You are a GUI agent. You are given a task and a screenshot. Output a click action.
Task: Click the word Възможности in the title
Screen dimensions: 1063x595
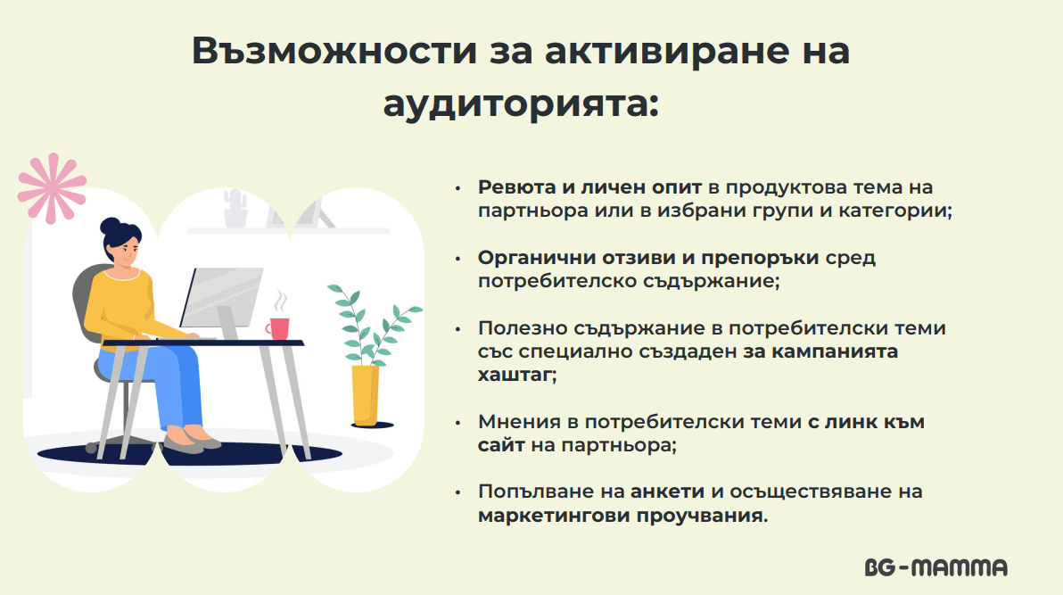pos(335,51)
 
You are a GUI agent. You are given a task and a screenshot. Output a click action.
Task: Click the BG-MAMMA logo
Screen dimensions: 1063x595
pos(936,567)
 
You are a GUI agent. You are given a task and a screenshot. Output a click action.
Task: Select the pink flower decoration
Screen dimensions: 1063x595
pos(52,188)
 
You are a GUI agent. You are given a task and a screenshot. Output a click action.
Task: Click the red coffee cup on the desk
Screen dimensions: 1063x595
pos(278,328)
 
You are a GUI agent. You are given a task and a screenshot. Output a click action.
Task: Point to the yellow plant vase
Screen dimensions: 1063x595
pos(366,395)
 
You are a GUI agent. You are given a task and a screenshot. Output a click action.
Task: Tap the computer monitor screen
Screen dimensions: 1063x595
pos(221,297)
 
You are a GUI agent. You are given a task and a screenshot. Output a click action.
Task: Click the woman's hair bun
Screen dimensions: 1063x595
pos(110,226)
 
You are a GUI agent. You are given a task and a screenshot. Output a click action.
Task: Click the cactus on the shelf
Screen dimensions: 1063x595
pos(235,208)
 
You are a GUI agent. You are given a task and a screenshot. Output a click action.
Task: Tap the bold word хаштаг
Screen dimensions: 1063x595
pos(516,376)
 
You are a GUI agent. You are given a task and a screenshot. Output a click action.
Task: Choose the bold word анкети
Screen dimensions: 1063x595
pos(667,492)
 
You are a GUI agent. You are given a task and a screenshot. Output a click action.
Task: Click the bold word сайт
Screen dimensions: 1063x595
pos(501,445)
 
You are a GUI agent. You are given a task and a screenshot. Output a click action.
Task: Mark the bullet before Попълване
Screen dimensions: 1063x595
pos(458,492)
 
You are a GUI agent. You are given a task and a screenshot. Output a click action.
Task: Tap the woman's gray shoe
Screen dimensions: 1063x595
pos(183,445)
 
